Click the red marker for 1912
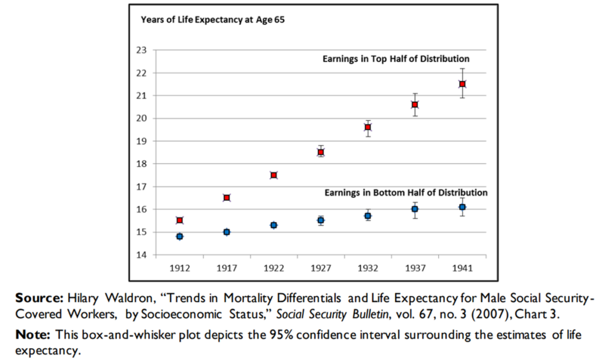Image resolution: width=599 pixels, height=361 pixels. [x=180, y=220]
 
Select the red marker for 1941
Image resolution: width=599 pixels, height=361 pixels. [x=462, y=84]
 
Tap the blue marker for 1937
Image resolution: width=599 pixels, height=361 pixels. [x=415, y=209]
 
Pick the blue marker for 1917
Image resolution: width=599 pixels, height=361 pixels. [x=226, y=232]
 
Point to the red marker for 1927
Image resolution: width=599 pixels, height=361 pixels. [x=321, y=152]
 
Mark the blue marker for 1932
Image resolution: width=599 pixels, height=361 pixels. [x=368, y=216]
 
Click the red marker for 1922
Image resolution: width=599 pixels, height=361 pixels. [x=274, y=175]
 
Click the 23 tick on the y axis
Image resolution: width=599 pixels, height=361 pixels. [x=141, y=50]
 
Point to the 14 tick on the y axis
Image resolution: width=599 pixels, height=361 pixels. [x=141, y=255]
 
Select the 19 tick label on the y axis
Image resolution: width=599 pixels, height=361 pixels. [x=141, y=141]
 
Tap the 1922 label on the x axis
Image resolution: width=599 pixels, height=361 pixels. [x=274, y=268]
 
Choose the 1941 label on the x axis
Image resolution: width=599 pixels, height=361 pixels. [x=462, y=268]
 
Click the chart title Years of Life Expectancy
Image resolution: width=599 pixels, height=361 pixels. [x=212, y=19]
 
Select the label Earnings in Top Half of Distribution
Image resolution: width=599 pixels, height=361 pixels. [x=396, y=59]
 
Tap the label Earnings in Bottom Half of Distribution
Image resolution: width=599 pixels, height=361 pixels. [x=406, y=192]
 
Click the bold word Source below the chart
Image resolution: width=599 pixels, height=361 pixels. [x=39, y=297]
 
